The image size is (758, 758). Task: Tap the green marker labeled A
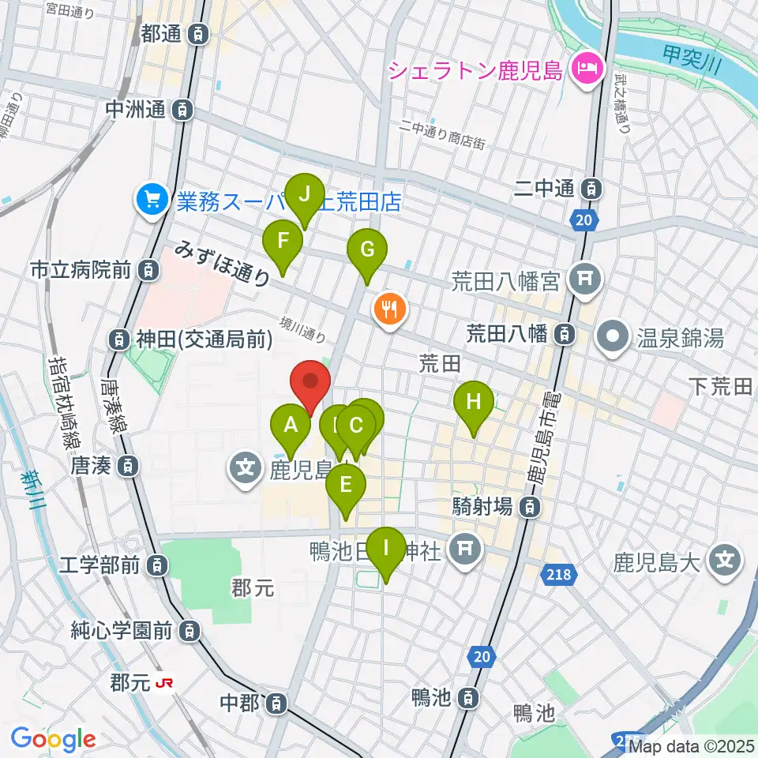[x=291, y=427]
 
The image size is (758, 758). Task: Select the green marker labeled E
[x=345, y=486]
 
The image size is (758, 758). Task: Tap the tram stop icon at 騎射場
[x=533, y=505]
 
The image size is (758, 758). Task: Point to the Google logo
[x=53, y=738]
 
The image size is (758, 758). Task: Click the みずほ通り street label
[x=222, y=262]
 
